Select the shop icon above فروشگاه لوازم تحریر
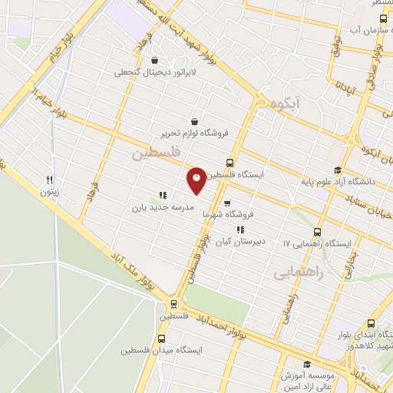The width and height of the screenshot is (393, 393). [193, 121]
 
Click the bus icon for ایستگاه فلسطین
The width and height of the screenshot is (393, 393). [230, 163]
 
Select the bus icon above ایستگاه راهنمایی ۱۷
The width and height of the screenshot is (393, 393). [317, 232]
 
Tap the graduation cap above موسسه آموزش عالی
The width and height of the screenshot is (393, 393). [307, 365]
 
